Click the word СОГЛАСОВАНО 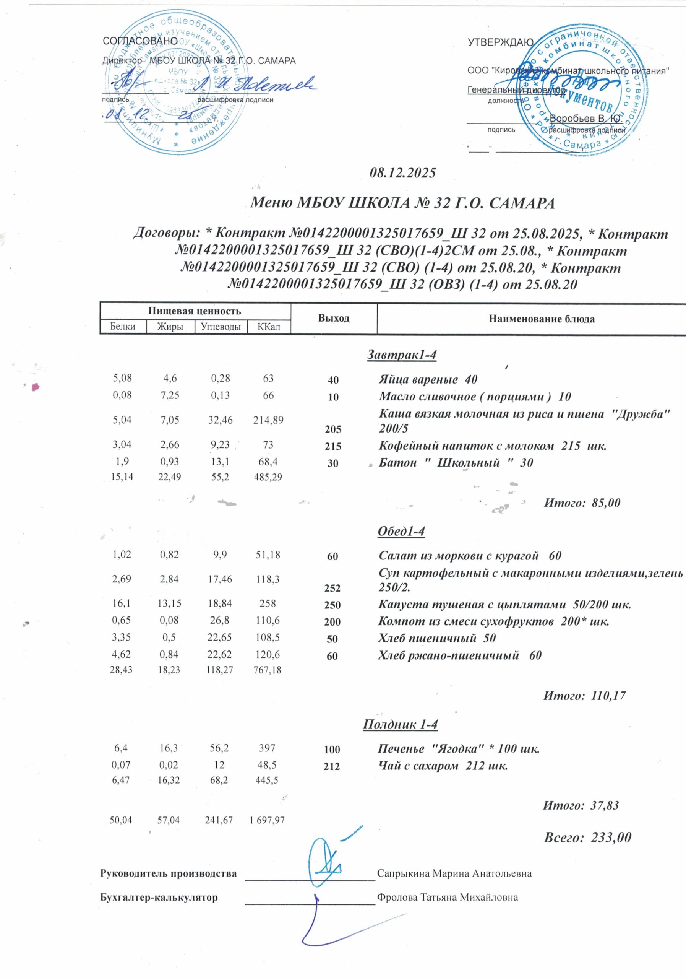coord(140,41)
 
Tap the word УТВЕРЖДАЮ coord(501,42)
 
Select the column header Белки coord(123,327)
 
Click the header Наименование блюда coord(541,319)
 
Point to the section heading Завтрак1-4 coord(402,355)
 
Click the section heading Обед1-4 coord(401,531)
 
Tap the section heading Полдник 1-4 coord(401,724)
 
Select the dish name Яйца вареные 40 coord(428,379)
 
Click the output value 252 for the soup coord(332,588)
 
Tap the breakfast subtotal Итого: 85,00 coord(582,503)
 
